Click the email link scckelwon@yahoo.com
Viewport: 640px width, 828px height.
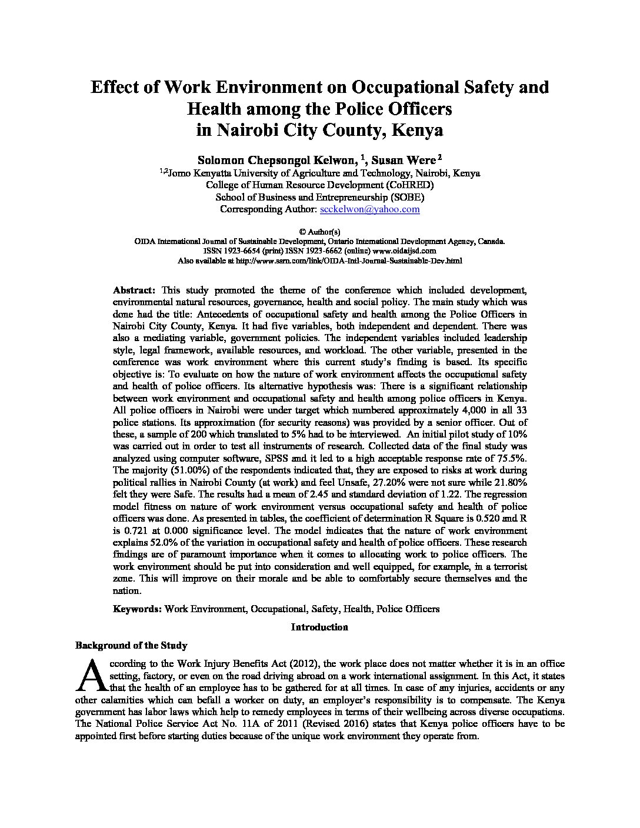click(x=369, y=209)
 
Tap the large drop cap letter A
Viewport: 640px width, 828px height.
click(x=88, y=675)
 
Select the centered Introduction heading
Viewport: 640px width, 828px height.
click(x=319, y=627)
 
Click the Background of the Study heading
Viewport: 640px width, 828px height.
click(x=131, y=645)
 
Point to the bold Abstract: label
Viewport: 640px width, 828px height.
click(x=134, y=290)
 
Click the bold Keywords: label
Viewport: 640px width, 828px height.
click(x=138, y=609)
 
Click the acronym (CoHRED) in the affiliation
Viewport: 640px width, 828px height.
click(x=403, y=185)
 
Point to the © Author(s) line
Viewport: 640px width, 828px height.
click(x=319, y=232)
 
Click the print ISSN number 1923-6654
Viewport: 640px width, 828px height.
click(x=252, y=251)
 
